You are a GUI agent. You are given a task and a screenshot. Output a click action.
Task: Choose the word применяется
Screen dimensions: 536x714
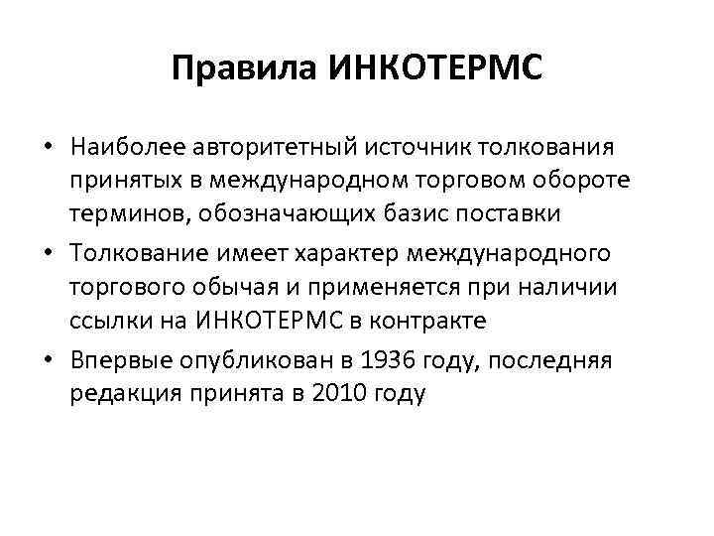418,287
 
